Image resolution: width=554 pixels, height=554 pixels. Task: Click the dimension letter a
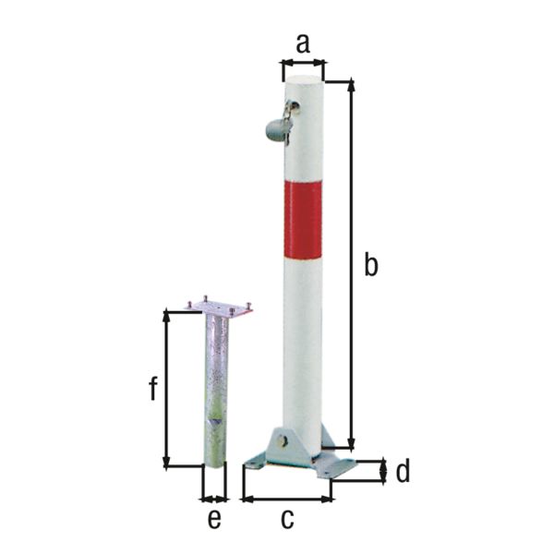[303, 42]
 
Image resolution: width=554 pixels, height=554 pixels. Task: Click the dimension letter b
[370, 265]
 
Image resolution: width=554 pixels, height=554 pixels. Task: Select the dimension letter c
[287, 518]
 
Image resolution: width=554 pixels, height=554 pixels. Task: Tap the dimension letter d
[402, 472]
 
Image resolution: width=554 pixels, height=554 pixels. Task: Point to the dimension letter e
[213, 519]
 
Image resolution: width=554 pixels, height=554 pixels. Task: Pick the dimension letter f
[153, 389]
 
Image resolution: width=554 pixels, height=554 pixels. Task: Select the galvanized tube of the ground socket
[214, 388]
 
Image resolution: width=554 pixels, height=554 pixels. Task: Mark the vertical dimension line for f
[166, 389]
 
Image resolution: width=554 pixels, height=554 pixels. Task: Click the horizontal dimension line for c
[287, 500]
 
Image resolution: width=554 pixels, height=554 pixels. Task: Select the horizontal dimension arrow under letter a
[303, 64]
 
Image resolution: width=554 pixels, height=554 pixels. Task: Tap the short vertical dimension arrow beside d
[383, 472]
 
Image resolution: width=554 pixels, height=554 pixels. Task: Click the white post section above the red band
[305, 138]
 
